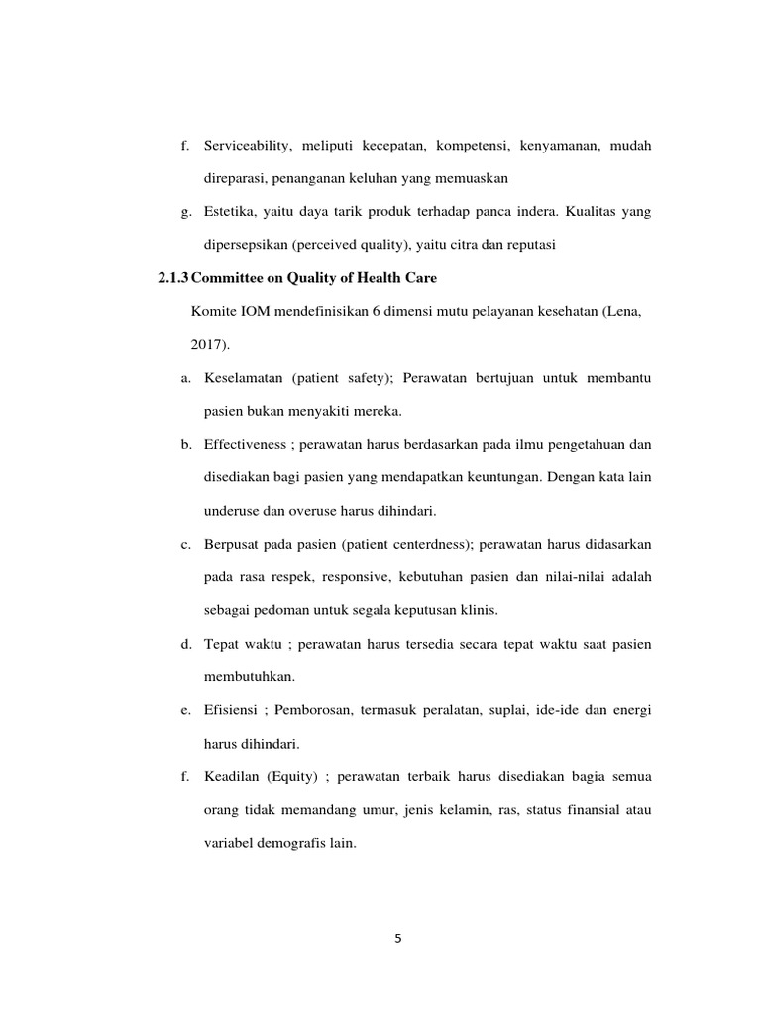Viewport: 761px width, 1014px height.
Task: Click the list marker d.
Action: (185, 645)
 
